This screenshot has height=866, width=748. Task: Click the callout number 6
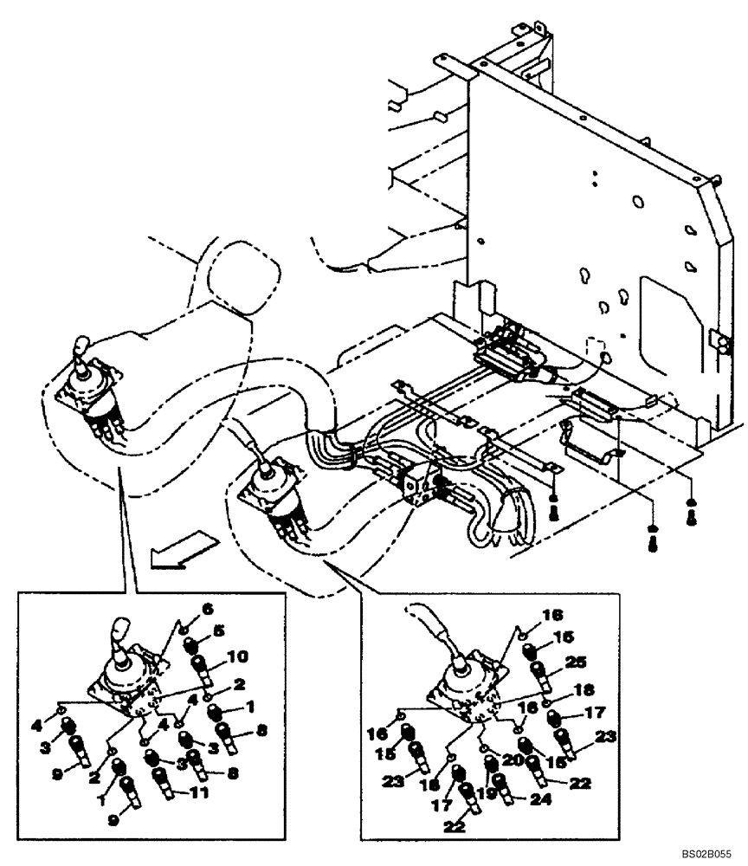coord(208,609)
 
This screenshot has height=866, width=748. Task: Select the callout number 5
coord(219,631)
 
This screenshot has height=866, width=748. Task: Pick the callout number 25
coord(575,661)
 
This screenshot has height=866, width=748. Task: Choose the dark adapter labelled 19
coord(489,765)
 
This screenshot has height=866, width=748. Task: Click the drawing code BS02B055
coord(709,853)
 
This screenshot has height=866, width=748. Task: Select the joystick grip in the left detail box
coord(119,630)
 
